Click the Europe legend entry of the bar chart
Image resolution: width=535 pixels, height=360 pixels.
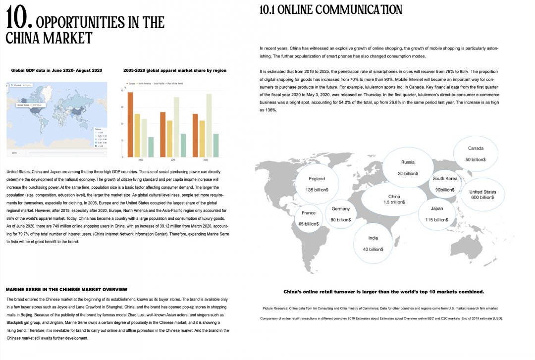click(x=131, y=84)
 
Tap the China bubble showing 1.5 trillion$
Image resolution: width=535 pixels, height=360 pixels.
click(x=394, y=199)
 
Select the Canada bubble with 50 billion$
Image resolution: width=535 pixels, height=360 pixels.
click(x=475, y=154)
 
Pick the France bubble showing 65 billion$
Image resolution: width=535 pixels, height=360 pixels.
click(x=309, y=218)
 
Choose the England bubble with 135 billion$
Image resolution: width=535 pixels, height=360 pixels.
click(x=317, y=184)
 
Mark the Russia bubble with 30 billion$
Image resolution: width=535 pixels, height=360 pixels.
click(x=408, y=167)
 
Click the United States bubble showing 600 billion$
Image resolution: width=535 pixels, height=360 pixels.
click(x=482, y=194)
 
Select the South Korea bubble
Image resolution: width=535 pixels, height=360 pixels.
click(x=445, y=184)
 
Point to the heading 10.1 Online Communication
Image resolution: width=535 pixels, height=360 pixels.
click(x=331, y=9)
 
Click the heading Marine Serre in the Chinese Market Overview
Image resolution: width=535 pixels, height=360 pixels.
click(x=66, y=289)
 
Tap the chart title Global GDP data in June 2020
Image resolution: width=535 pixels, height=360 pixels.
click(x=56, y=70)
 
